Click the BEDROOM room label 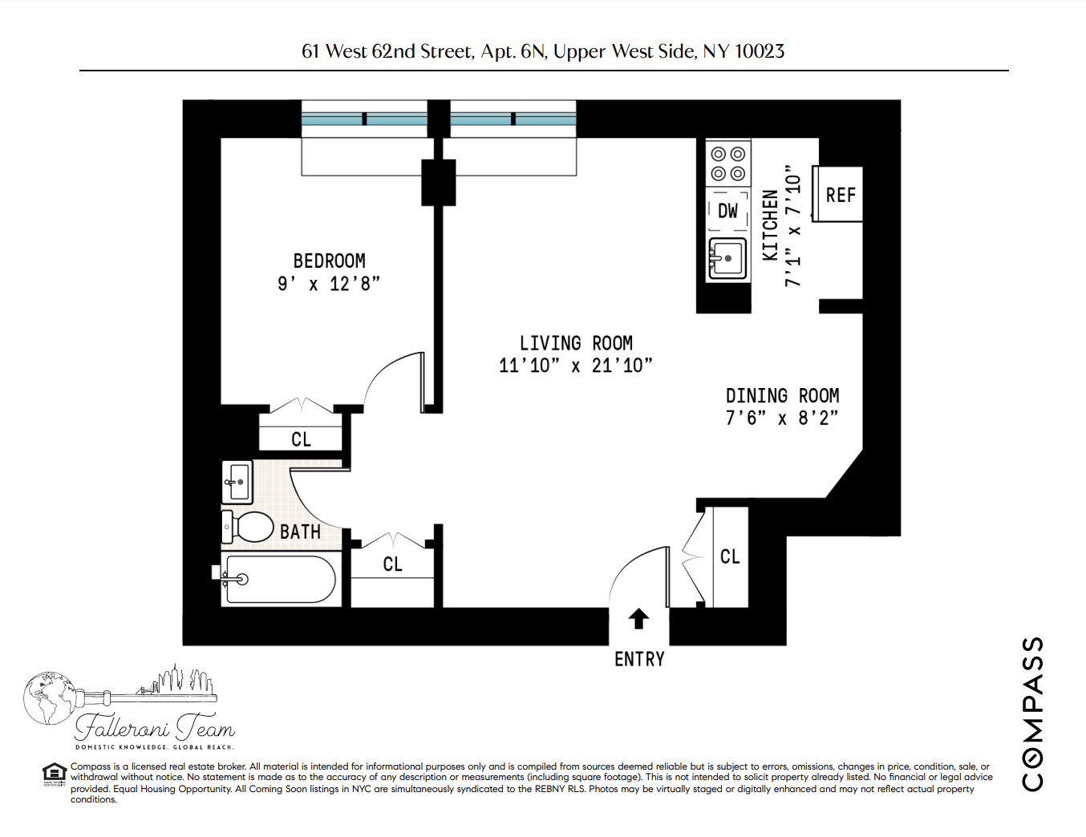click(x=329, y=261)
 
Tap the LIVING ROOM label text click(x=576, y=343)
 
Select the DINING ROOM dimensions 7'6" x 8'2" click(x=781, y=418)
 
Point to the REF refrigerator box click(x=840, y=195)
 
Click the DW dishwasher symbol click(x=727, y=211)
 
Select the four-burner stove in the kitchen click(x=727, y=164)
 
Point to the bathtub click(x=278, y=579)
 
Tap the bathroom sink click(x=237, y=482)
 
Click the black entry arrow click(x=638, y=618)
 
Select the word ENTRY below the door click(x=639, y=659)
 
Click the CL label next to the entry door click(x=730, y=556)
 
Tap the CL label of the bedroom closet click(x=301, y=439)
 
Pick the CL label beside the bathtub click(x=392, y=564)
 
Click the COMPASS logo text click(x=1033, y=714)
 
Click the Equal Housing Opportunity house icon click(x=54, y=773)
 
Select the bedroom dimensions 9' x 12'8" click(x=329, y=284)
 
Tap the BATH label click(x=300, y=532)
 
